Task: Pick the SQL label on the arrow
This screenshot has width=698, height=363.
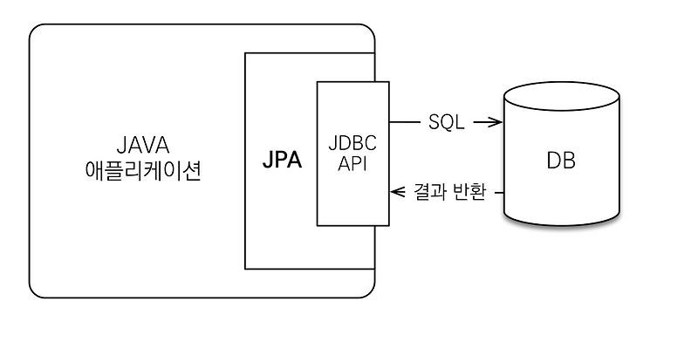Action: pos(446,123)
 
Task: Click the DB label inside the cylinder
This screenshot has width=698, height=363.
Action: pos(561,161)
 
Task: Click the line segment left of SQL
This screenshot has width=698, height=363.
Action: pos(403,123)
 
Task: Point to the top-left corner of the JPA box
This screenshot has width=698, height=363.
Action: pos(245,53)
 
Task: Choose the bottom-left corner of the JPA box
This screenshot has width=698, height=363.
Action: pos(245,268)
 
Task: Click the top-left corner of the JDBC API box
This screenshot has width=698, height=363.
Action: pos(317,82)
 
